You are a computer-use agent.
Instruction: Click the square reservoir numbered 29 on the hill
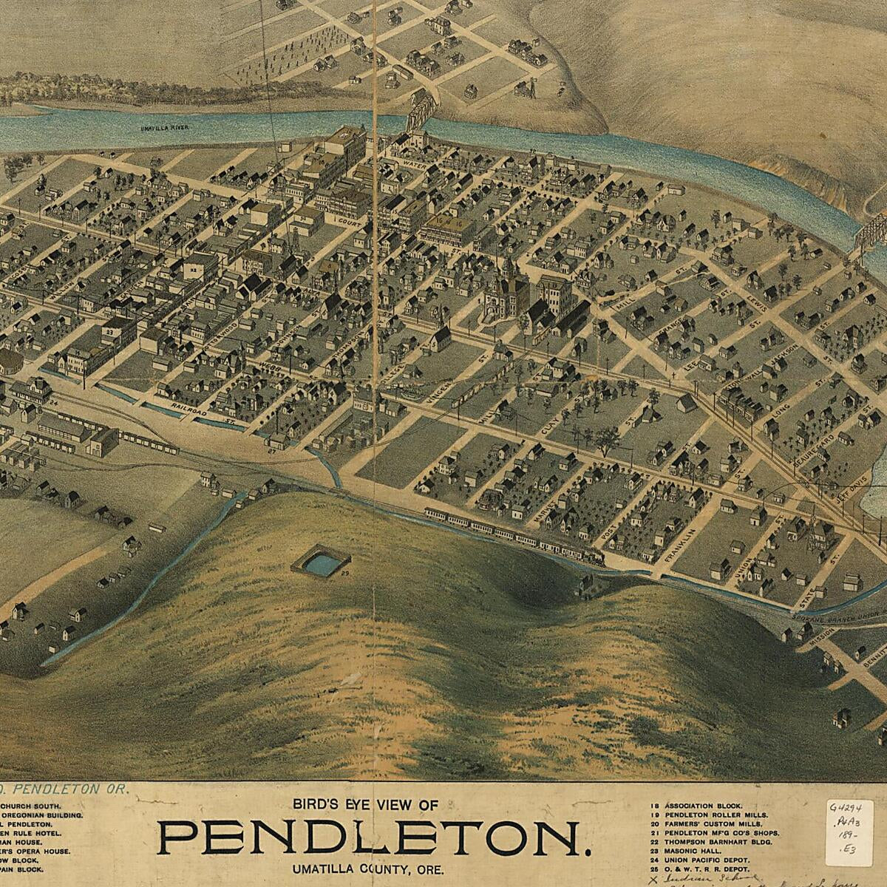click(320, 564)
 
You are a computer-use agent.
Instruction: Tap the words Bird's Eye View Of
click(367, 804)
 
